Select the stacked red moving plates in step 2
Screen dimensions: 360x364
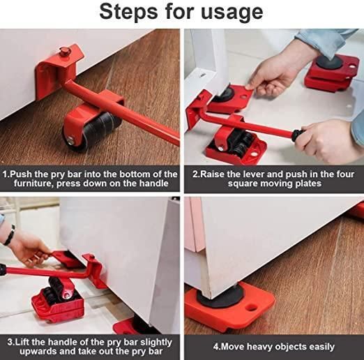coord(328,72)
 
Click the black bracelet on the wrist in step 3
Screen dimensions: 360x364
coord(8,234)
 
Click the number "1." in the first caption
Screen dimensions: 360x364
coord(7,174)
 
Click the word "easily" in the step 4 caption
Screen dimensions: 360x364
coord(318,346)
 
